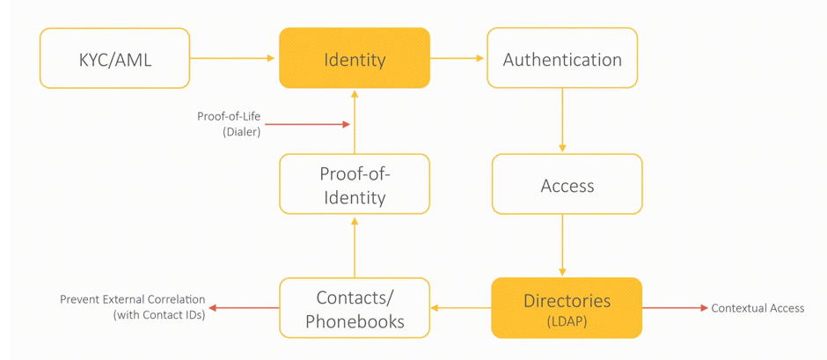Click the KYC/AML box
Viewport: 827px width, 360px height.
point(114,58)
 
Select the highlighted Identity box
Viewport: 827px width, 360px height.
point(355,58)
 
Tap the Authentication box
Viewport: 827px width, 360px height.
point(562,58)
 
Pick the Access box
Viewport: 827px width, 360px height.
point(567,184)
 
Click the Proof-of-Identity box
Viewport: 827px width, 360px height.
point(355,184)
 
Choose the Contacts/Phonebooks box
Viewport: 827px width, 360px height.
point(355,308)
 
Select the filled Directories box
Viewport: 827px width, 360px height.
point(567,308)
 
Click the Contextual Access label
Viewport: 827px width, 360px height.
point(757,308)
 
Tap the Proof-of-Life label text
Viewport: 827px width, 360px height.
point(229,117)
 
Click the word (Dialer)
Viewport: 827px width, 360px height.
point(242,133)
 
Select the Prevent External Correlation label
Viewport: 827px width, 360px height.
point(132,299)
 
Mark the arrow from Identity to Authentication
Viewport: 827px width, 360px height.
point(457,58)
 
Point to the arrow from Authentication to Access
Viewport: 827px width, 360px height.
point(562,120)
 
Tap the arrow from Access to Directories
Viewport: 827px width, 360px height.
point(562,245)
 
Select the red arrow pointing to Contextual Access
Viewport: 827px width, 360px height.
point(675,308)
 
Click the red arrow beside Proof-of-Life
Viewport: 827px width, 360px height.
point(308,125)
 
